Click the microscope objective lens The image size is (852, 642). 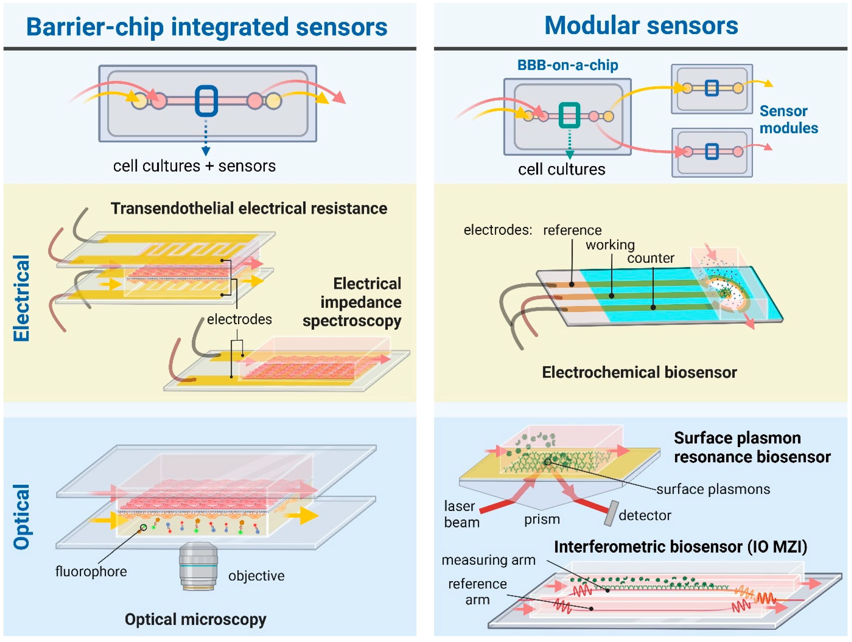[198, 565]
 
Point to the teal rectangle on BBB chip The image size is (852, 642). [569, 115]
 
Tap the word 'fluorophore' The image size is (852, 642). [91, 571]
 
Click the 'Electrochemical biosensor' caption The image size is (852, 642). [639, 373]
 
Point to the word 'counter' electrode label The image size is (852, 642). [651, 258]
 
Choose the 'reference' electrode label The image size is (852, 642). [572, 230]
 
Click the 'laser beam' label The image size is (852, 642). [461, 514]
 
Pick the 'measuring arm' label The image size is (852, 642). [488, 560]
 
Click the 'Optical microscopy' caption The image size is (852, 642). [195, 619]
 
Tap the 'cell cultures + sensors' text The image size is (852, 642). [194, 166]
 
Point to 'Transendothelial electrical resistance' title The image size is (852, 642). [249, 208]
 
